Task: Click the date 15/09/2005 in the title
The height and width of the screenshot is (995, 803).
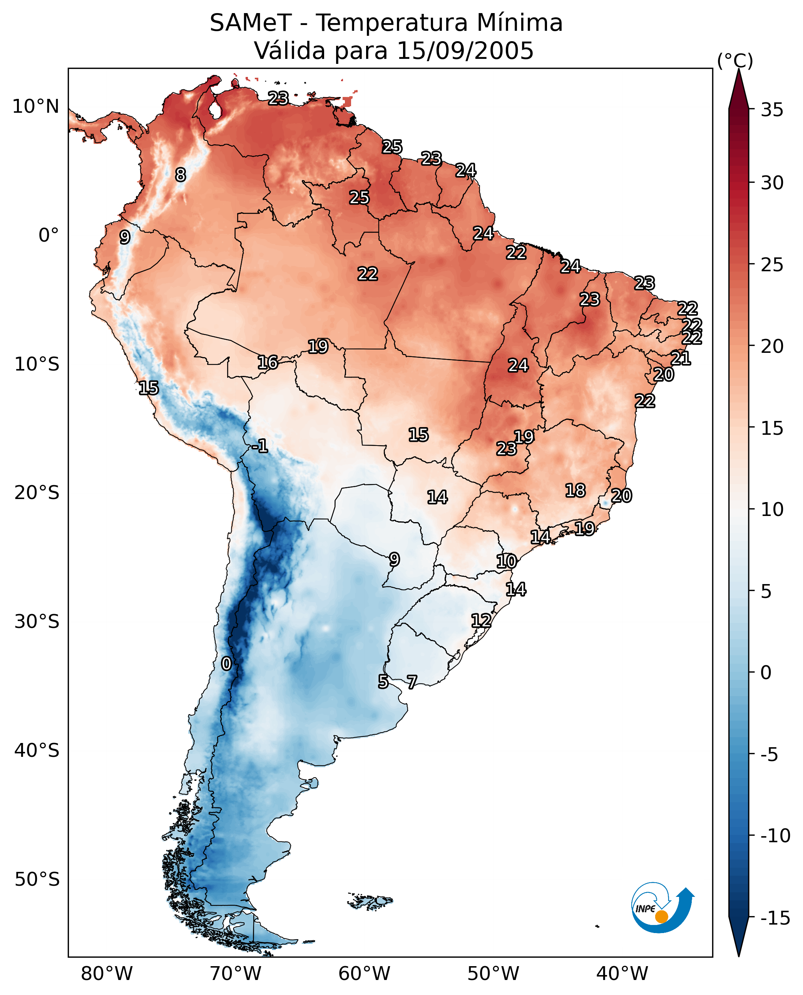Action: point(465,51)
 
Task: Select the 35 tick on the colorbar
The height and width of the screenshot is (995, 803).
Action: point(772,110)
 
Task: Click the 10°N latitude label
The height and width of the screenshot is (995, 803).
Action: point(36,107)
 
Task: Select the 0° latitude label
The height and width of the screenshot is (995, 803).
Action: point(49,235)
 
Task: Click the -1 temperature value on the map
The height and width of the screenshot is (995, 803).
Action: point(260,446)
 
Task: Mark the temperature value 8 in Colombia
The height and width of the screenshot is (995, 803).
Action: point(181,175)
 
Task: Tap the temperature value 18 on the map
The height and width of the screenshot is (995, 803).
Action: point(575,491)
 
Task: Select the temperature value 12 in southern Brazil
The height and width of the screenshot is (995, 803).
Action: point(481,621)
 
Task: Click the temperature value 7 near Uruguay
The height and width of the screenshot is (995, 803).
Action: point(412,682)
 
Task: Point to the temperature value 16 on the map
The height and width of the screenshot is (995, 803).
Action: point(268,362)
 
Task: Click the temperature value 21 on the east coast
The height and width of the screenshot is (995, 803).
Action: point(681,358)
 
